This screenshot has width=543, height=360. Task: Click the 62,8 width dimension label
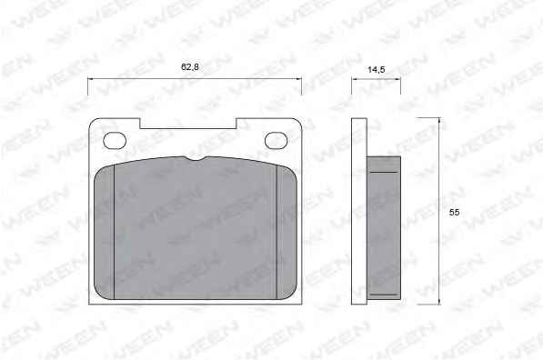tap(190, 66)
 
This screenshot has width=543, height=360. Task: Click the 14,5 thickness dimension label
tap(376, 70)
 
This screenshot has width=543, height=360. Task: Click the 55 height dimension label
tap(454, 212)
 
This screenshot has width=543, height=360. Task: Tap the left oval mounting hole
tap(115, 141)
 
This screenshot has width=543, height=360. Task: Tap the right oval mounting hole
tap(276, 141)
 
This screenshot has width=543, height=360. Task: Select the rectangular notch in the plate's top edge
tap(188, 124)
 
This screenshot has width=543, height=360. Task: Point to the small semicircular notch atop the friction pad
tap(196, 158)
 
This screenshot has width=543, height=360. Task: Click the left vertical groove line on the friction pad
tap(115, 232)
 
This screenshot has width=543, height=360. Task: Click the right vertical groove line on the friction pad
tap(277, 232)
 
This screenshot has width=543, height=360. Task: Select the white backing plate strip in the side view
tap(359, 211)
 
